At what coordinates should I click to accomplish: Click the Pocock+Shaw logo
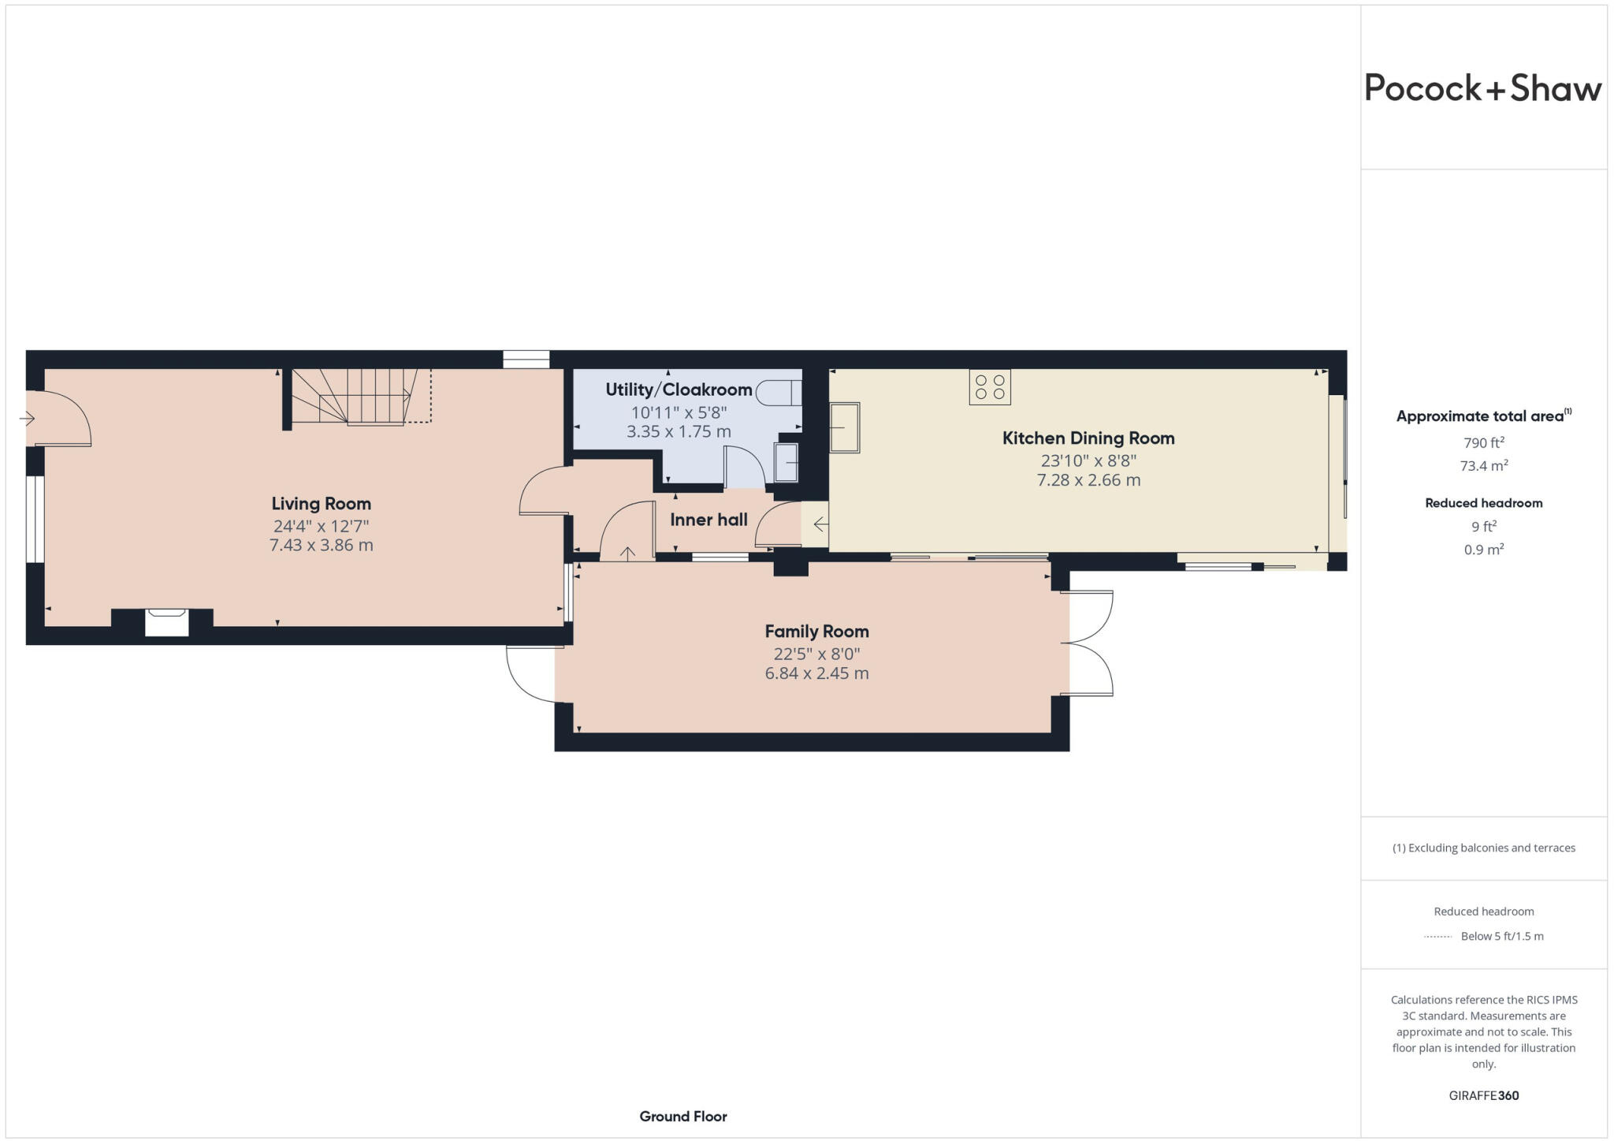pos(1482,88)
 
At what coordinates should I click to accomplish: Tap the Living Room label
pos(321,504)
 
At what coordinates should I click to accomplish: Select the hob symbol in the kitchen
pos(989,387)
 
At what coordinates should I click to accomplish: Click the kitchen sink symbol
pos(844,427)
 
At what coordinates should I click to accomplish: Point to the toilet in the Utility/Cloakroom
pos(779,393)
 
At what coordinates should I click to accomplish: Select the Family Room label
pos(816,632)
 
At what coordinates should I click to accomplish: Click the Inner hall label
pos(708,520)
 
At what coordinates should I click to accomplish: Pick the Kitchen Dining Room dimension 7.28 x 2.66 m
pos(1088,480)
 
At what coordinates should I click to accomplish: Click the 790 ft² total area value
pos(1483,442)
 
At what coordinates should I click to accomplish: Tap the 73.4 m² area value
pos(1483,466)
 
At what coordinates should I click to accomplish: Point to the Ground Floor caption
pos(682,1116)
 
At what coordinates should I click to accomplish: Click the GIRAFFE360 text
pos(1483,1095)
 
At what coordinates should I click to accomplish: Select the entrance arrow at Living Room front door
pos(27,419)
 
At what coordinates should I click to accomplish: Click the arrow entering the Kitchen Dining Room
pos(820,524)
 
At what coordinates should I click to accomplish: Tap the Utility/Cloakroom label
pos(679,390)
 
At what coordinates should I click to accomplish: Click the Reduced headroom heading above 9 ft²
pos(1483,503)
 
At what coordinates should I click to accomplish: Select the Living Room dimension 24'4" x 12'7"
pos(321,526)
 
